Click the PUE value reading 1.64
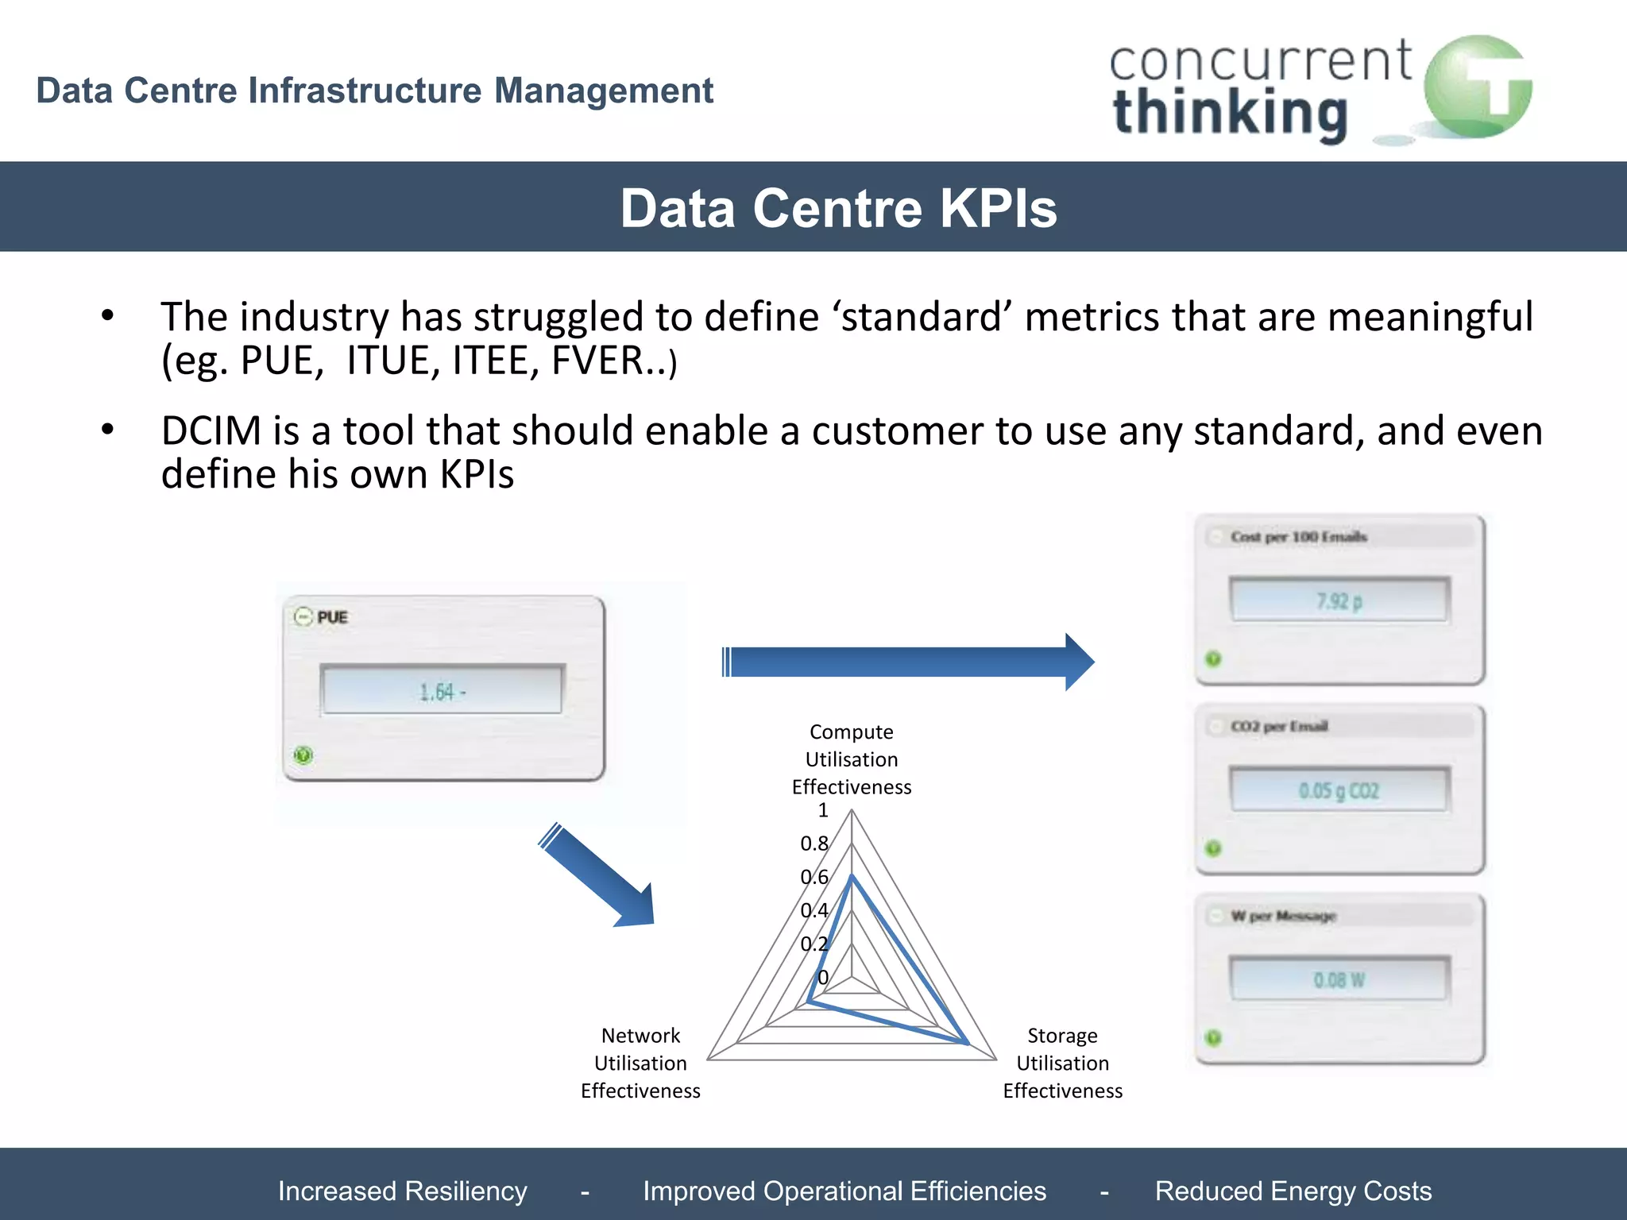tap(442, 692)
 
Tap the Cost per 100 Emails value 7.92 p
tap(1339, 601)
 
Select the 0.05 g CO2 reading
tap(1339, 790)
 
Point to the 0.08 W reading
tap(1339, 980)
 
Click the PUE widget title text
tap(332, 617)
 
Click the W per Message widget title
tap(1283, 916)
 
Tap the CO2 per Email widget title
tap(1279, 726)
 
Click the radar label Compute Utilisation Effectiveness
tap(852, 759)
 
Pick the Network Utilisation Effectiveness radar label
tap(640, 1063)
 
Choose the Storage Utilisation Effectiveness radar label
tap(1062, 1063)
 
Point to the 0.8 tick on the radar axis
tap(813, 844)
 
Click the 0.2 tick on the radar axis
tap(813, 944)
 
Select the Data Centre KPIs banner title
tap(838, 208)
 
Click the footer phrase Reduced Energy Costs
tap(1293, 1191)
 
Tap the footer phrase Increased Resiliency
tap(402, 1191)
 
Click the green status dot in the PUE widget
tap(303, 755)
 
